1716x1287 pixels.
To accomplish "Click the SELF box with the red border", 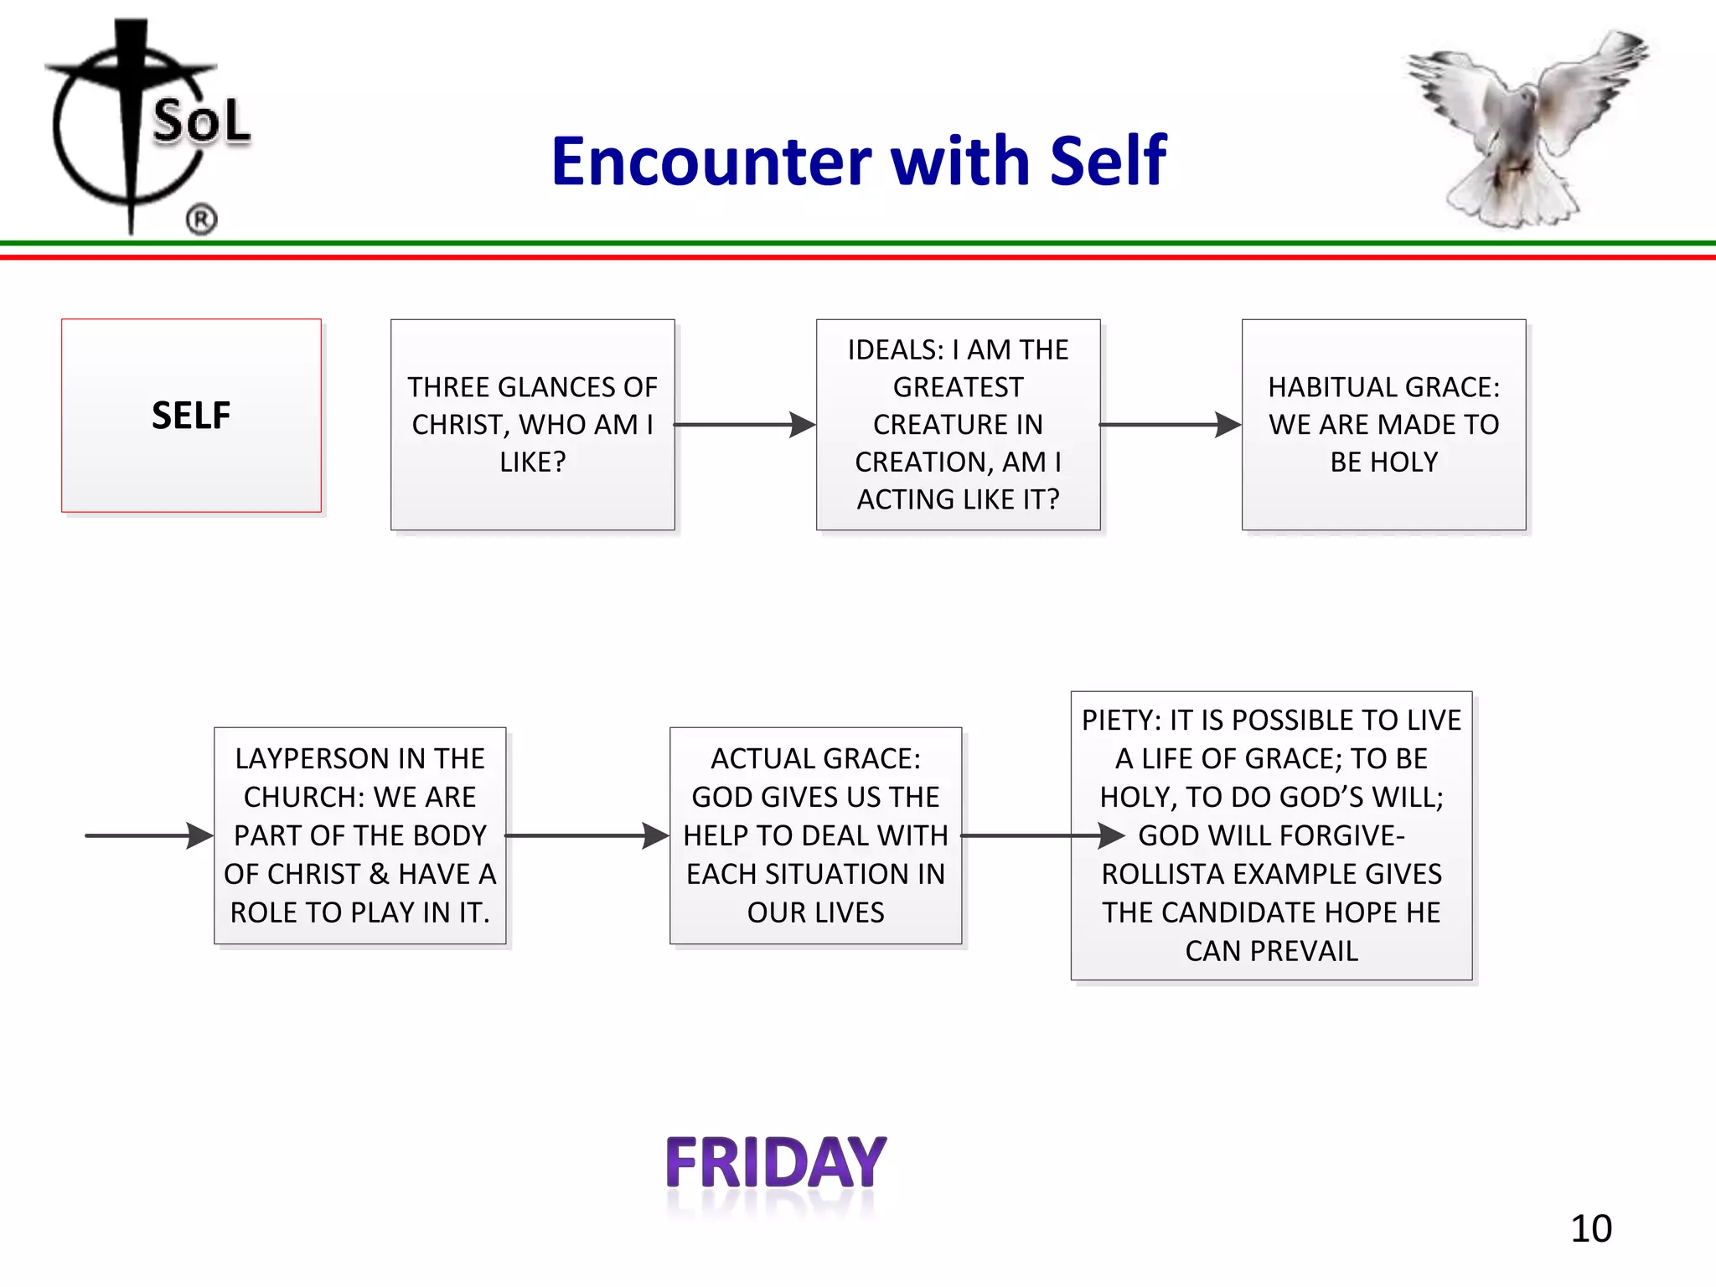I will click(191, 416).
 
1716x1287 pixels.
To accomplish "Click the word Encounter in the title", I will click(711, 161).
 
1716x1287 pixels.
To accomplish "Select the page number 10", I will click(1590, 1228).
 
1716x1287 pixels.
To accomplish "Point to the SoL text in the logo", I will click(201, 121).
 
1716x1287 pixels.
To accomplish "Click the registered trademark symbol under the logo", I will click(201, 220).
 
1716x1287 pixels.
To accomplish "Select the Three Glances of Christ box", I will click(532, 424).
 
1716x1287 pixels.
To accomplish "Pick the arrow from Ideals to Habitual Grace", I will click(1170, 425).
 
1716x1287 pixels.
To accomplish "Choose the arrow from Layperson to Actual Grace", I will click(587, 835).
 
